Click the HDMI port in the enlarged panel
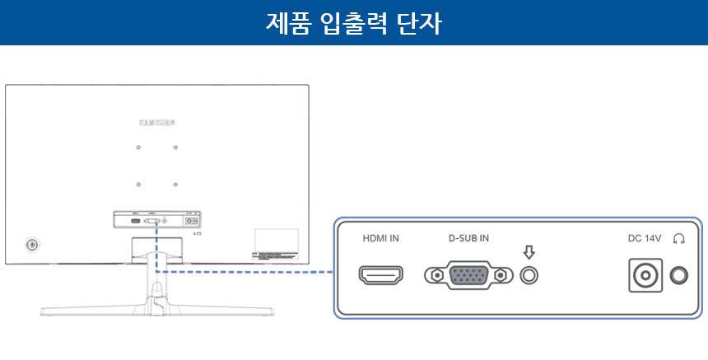coord(380,274)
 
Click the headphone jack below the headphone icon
coord(680,275)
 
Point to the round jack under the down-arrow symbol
coord(529,274)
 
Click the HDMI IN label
coord(381,239)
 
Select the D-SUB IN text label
coord(468,239)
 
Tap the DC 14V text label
coord(645,239)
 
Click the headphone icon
coord(679,239)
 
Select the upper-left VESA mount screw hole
coord(138,147)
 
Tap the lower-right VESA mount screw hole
coord(175,184)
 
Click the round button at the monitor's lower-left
coord(32,245)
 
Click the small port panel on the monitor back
coord(157,221)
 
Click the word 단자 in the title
coord(418,22)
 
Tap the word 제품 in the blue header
coord(287,22)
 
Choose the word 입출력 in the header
coord(352,22)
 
